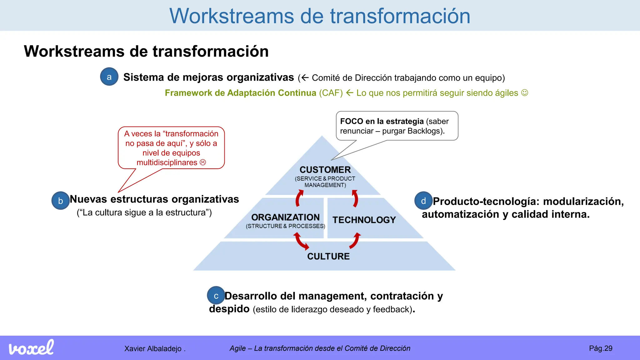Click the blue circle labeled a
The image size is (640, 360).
[x=109, y=77]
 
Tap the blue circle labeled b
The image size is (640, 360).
[x=61, y=201]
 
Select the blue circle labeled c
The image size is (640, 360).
[x=216, y=296]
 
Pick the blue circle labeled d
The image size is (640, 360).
[x=423, y=201]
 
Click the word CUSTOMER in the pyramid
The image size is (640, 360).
[x=325, y=170]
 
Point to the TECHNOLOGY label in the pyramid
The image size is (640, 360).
[x=364, y=220]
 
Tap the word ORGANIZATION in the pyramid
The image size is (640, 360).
[x=285, y=217]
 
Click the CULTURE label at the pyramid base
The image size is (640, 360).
[x=328, y=256]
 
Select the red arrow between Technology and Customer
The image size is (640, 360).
[x=355, y=198]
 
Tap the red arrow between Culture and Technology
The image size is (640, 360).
[x=355, y=241]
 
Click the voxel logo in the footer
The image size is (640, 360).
[x=31, y=348]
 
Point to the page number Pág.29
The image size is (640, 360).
[x=600, y=348]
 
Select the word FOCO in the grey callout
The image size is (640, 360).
[x=352, y=121]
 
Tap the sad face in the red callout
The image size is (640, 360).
[x=203, y=162]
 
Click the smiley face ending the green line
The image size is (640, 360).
[x=525, y=93]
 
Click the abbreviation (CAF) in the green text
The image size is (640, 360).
[x=331, y=93]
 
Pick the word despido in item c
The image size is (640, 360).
[x=229, y=309]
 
